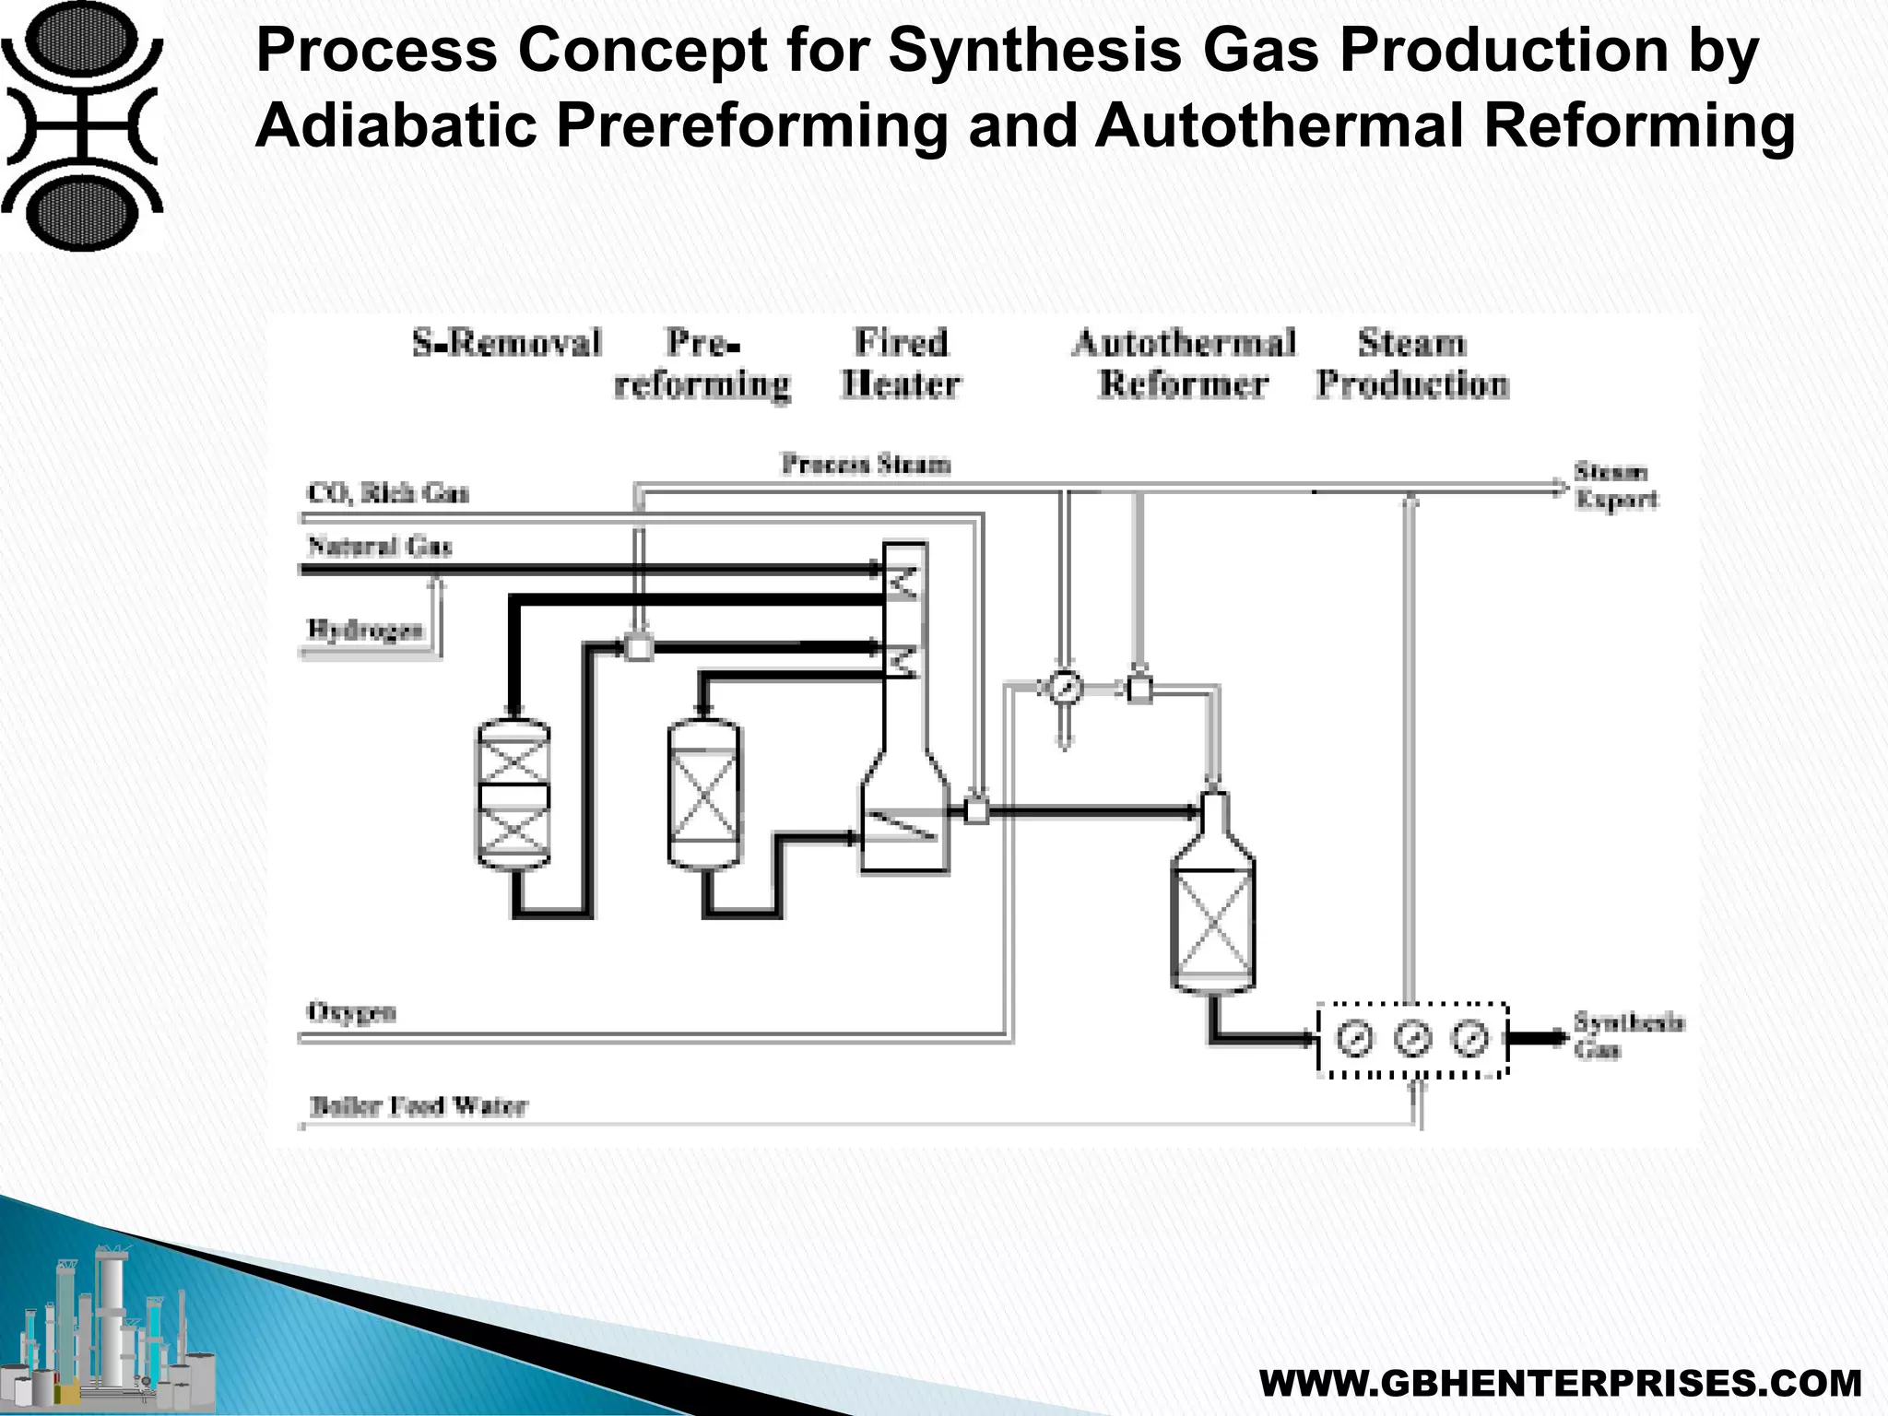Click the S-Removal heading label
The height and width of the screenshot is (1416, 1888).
[506, 343]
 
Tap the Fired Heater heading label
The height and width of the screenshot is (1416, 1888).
[901, 363]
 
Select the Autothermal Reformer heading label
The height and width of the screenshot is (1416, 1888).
[1184, 363]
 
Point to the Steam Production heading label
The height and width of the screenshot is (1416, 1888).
[1411, 363]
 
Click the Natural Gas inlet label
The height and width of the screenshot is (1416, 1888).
[379, 547]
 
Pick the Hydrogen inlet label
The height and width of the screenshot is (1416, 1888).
[365, 630]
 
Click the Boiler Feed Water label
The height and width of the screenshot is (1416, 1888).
[418, 1105]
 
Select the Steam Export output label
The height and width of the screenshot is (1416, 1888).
[1615, 486]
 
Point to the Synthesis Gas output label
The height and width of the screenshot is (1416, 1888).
[1627, 1035]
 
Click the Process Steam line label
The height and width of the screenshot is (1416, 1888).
[866, 464]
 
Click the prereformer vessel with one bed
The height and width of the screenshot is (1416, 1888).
[703, 795]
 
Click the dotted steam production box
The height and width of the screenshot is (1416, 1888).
[1412, 1039]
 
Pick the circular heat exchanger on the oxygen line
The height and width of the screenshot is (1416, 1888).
[1065, 688]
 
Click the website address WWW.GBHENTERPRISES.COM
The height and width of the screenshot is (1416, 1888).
[1560, 1384]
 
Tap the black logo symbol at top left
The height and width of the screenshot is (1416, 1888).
[81, 124]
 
